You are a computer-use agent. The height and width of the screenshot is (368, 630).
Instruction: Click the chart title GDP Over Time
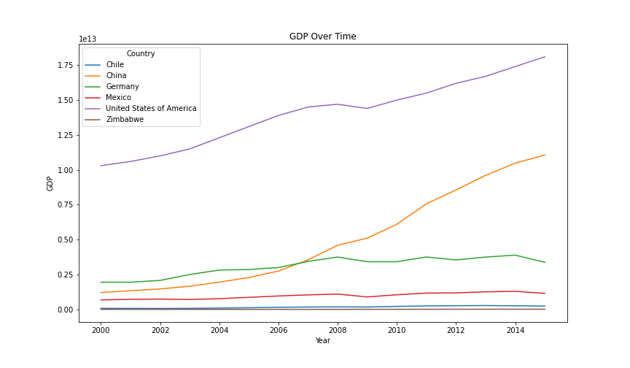click(322, 37)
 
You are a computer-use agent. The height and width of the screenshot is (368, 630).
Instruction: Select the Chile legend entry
click(114, 65)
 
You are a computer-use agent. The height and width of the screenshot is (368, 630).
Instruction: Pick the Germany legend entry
click(122, 87)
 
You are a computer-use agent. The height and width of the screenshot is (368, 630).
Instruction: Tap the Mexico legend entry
click(118, 98)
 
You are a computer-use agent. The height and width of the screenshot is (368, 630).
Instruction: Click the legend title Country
click(140, 53)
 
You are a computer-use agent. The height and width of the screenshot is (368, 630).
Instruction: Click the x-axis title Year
click(322, 340)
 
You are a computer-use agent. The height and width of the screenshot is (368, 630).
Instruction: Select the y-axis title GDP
click(50, 183)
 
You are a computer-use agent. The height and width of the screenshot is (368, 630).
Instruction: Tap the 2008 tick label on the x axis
click(337, 330)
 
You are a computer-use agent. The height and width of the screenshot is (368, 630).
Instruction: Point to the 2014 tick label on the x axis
click(515, 330)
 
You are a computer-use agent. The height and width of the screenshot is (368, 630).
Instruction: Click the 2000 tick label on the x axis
click(101, 330)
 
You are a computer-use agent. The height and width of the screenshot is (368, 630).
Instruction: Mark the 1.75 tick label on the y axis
click(64, 66)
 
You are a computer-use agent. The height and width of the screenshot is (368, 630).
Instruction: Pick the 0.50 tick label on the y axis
click(64, 240)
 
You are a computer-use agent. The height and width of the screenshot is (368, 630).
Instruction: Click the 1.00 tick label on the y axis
click(64, 170)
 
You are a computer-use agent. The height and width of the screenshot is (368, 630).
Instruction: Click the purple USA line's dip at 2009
click(367, 109)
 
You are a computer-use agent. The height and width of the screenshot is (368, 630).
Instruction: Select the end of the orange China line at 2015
click(545, 155)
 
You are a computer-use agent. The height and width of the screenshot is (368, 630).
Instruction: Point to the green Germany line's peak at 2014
click(516, 255)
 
